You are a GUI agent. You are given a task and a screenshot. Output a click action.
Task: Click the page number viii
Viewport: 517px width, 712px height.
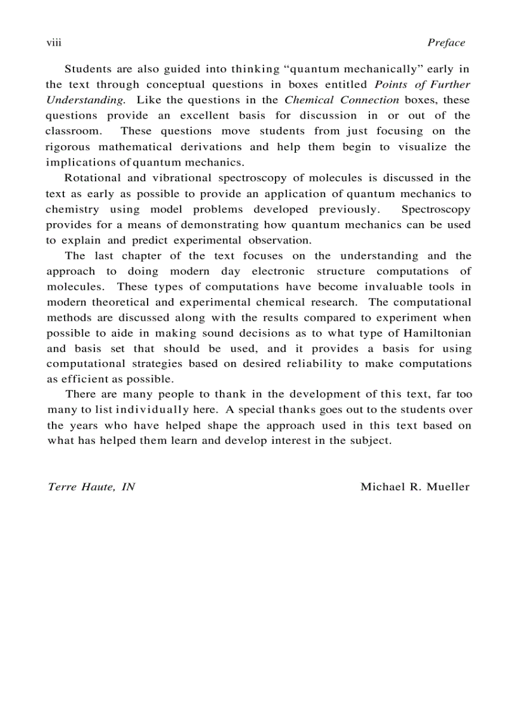pyautogui.click(x=53, y=43)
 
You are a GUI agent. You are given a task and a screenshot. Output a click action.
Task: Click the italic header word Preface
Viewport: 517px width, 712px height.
pyautogui.click(x=446, y=43)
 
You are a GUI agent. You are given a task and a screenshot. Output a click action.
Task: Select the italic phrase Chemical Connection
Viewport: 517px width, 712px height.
pyautogui.click(x=342, y=100)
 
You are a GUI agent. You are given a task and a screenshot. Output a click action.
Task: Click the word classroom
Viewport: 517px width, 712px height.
pyautogui.click(x=74, y=131)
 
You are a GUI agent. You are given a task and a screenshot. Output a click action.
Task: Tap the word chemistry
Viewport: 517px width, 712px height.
pyautogui.click(x=72, y=209)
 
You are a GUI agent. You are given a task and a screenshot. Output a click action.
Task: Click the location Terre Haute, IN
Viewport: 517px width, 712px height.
pyautogui.click(x=91, y=487)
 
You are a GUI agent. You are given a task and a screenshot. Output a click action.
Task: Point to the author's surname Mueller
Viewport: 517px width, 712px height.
pyautogui.click(x=449, y=487)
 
